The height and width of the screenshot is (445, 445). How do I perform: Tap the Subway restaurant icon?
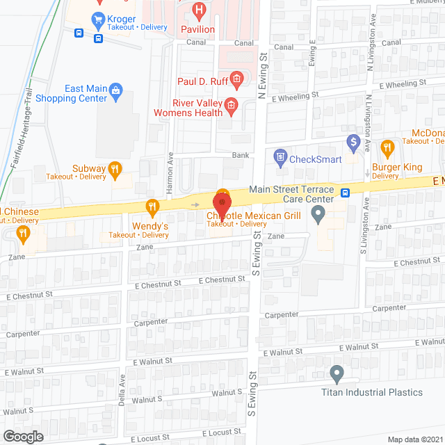(x=115, y=168)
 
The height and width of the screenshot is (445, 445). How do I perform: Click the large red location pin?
(x=222, y=205)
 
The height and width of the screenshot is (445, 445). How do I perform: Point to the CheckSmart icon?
(x=280, y=157)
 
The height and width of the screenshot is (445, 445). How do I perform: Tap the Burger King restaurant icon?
(x=388, y=147)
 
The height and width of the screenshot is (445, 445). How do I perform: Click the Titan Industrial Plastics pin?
(x=337, y=374)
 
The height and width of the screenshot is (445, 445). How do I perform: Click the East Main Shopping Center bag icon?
(x=116, y=89)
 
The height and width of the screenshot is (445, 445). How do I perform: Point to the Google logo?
(x=23, y=436)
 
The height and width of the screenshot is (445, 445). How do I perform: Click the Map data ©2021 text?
(x=414, y=439)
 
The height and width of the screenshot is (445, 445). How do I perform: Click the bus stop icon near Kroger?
(x=79, y=32)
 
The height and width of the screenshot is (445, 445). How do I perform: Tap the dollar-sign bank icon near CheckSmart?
(x=353, y=143)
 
